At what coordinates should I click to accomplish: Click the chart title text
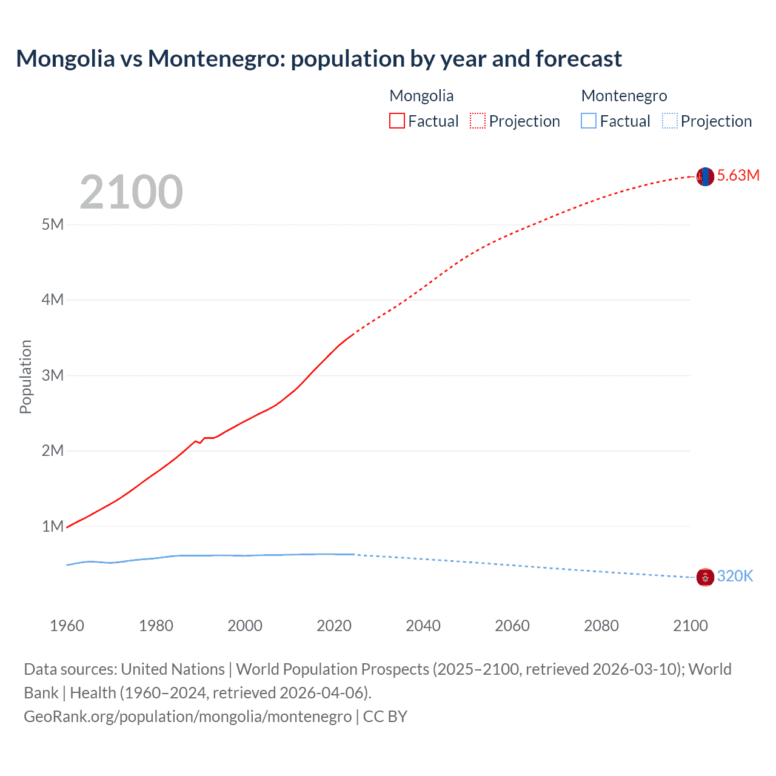tap(319, 59)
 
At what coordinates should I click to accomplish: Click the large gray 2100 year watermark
tap(131, 192)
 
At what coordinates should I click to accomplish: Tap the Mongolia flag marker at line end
tap(705, 176)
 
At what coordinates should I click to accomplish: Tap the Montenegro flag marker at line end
tap(705, 577)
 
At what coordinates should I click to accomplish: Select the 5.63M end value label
tap(738, 176)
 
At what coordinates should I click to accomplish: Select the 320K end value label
tap(735, 577)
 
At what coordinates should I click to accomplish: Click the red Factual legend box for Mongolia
tap(397, 121)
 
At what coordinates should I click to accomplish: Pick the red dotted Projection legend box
tap(478, 121)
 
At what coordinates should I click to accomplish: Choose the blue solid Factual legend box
tap(589, 121)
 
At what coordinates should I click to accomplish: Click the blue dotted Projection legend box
tap(670, 121)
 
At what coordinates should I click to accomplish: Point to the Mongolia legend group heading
tap(421, 96)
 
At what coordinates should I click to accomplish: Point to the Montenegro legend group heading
tap(624, 96)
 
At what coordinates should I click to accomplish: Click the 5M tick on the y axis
tap(53, 225)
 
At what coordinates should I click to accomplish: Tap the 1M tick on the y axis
tap(53, 526)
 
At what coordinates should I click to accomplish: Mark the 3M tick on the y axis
tap(53, 375)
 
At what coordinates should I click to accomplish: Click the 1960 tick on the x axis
tap(67, 626)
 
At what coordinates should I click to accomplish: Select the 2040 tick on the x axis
tap(423, 626)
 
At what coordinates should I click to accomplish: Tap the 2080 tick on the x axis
tap(601, 626)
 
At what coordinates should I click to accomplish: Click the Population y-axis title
tap(25, 376)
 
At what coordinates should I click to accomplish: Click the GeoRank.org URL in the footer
tap(188, 717)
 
